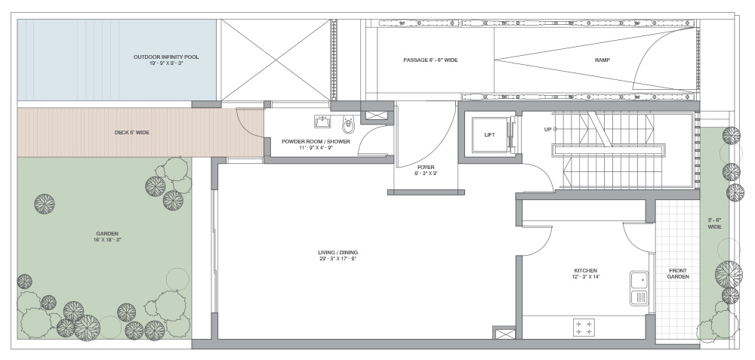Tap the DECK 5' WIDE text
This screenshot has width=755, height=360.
[131, 132]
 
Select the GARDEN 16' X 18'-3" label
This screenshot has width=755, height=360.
[107, 236]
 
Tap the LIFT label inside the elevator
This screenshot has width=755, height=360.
[489, 135]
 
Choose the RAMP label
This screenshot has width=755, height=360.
[602, 60]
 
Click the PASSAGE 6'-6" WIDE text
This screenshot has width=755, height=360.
[430, 60]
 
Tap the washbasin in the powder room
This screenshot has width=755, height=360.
[322, 122]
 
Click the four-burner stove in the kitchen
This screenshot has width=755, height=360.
[584, 328]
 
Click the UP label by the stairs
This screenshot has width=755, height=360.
[547, 129]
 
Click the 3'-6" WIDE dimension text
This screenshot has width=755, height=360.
[714, 223]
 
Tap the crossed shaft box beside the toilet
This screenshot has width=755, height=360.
[377, 115]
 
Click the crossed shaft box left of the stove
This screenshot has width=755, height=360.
[503, 333]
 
